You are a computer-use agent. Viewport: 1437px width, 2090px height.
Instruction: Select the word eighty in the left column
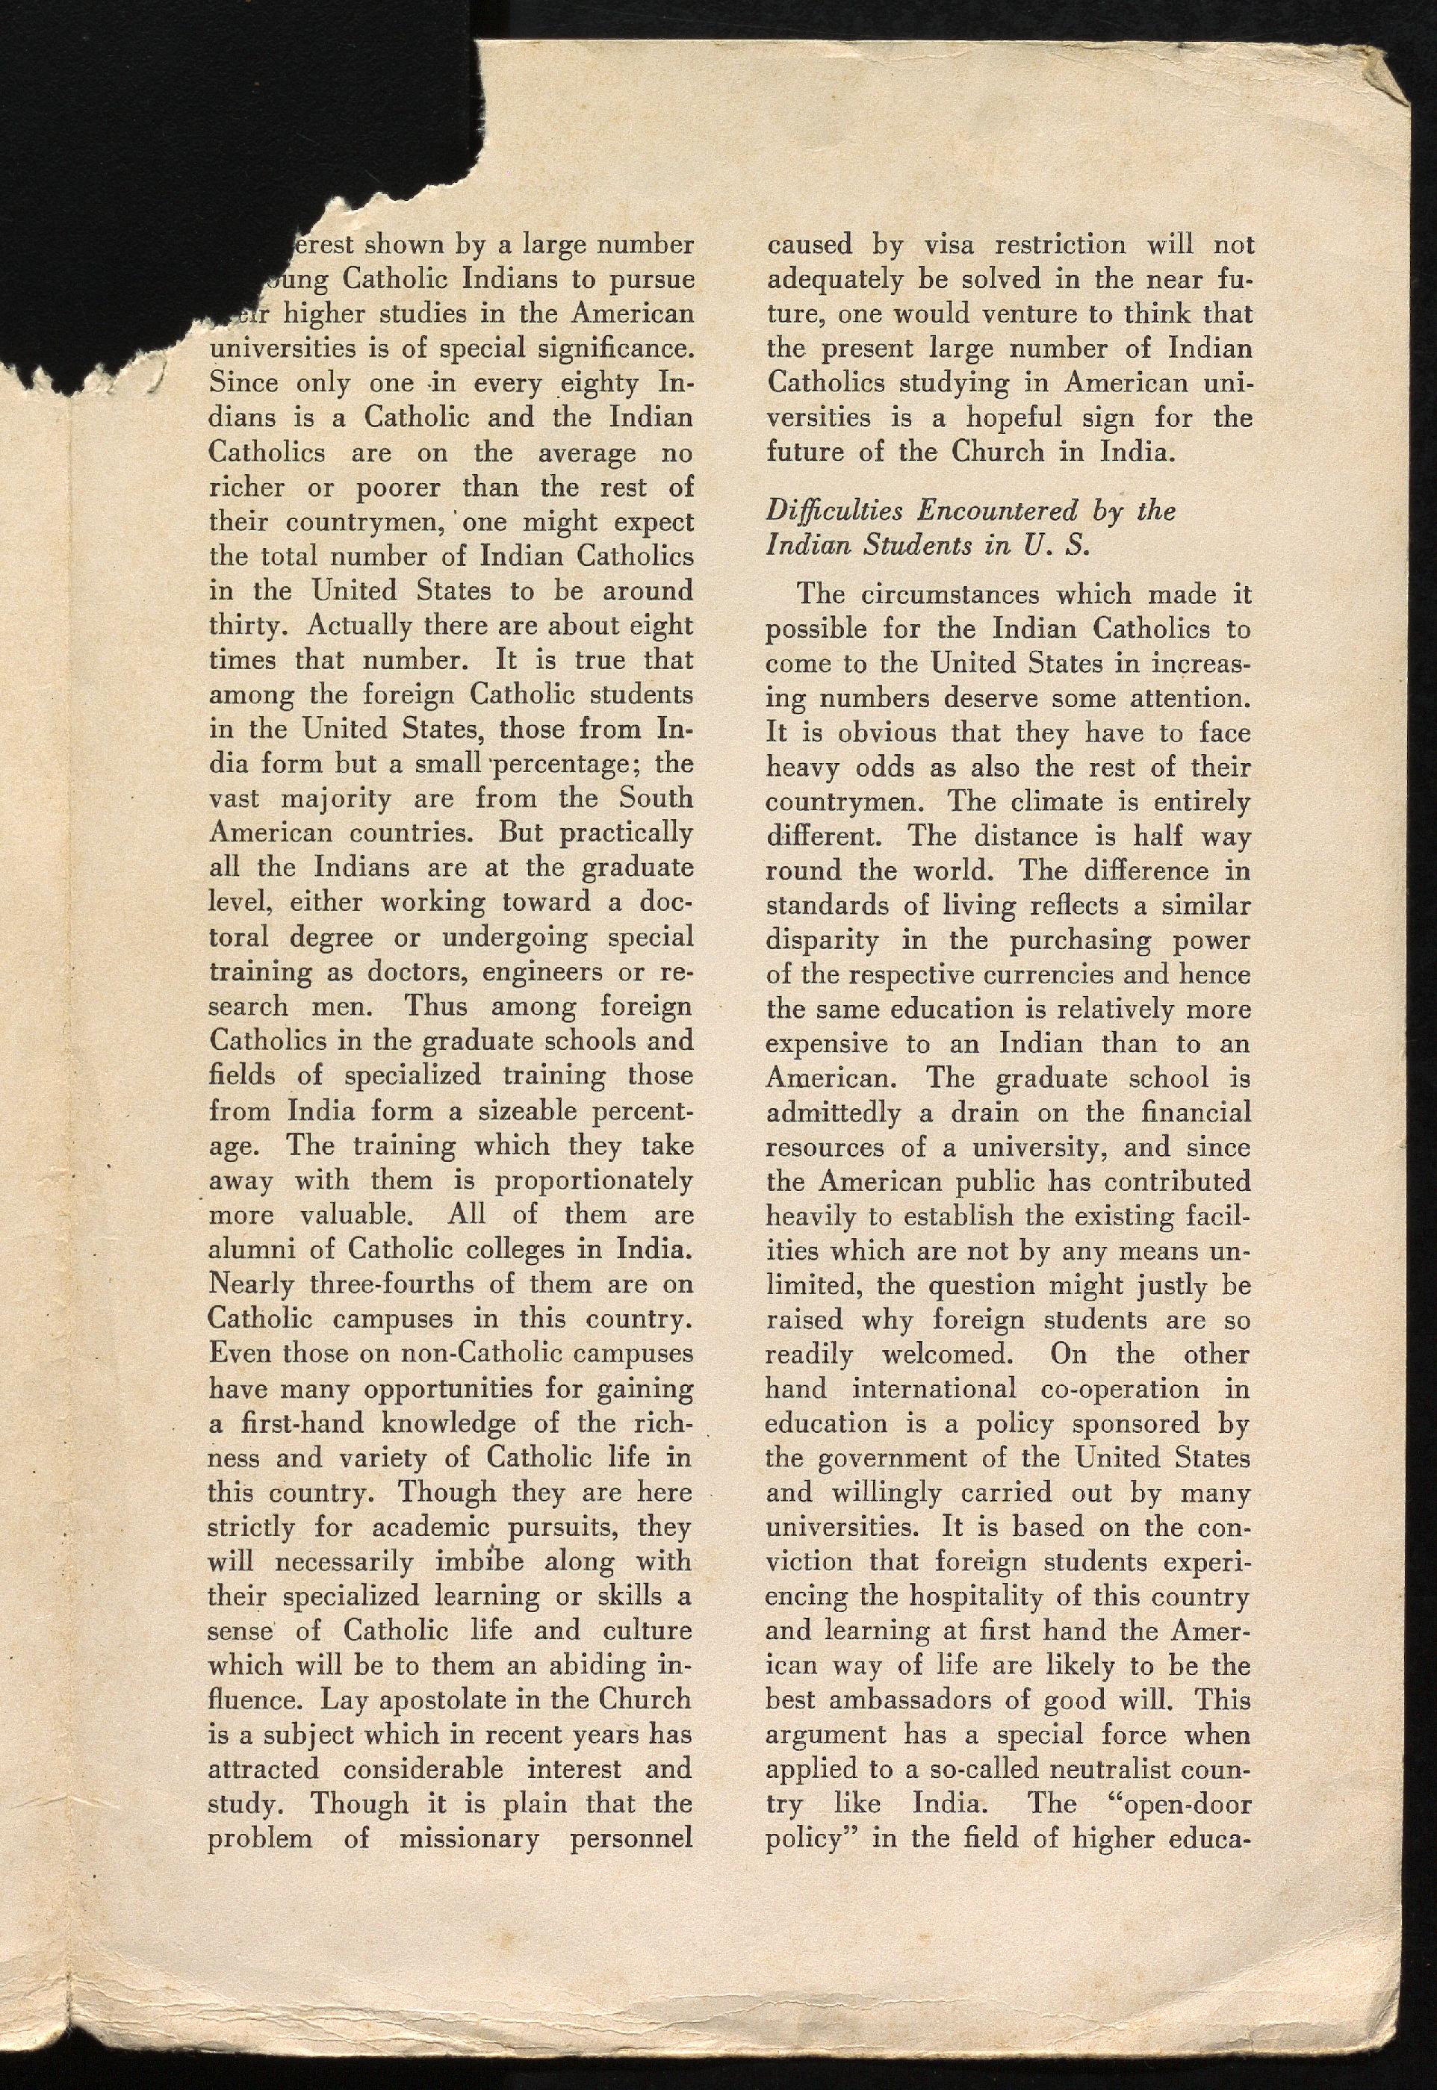click(597, 385)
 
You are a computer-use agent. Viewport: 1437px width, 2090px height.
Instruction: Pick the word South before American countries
click(656, 799)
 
